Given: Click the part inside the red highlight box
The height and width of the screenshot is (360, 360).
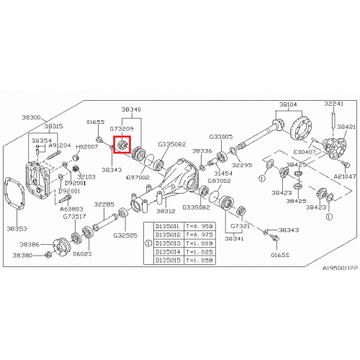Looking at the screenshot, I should [x=122, y=146].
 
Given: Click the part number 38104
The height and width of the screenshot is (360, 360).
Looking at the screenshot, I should [x=288, y=104].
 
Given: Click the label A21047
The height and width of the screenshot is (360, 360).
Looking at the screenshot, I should [x=344, y=176].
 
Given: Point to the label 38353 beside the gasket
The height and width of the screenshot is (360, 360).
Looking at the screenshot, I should [x=17, y=228].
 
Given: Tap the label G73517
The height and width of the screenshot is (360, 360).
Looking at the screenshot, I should [x=75, y=216].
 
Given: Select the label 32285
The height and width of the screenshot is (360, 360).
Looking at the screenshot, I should [x=104, y=204].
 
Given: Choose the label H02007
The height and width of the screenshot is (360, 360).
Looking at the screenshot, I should [x=87, y=145].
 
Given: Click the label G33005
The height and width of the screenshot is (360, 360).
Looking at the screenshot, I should [x=221, y=136].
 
